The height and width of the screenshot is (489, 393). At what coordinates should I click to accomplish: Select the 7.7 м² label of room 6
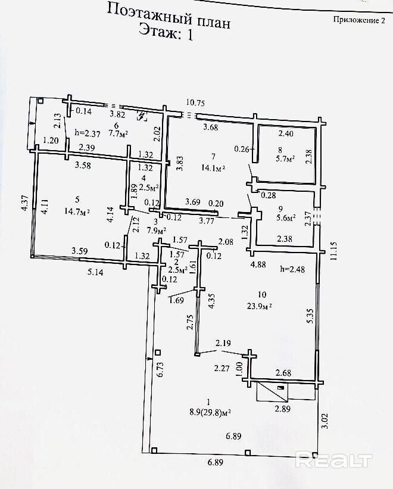tap(120, 133)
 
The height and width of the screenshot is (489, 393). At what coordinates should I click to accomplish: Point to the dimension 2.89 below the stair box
tap(282, 409)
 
